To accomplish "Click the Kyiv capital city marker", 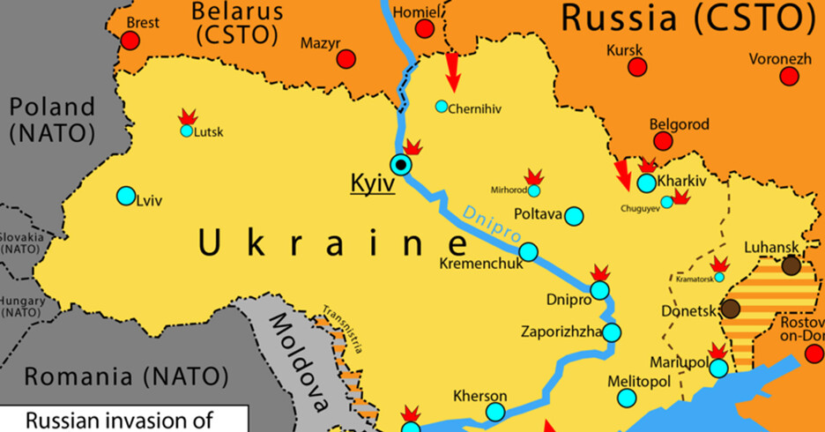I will [402, 164].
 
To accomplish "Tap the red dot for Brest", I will [130, 41].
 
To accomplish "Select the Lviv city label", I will [150, 200].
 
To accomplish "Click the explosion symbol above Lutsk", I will [187, 116].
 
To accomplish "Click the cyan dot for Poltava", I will [574, 216].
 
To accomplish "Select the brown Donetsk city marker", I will [731, 309].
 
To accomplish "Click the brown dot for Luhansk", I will [792, 265].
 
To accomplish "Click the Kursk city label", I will [625, 50].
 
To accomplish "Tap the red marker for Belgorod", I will [663, 141].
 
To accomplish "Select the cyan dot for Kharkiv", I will [646, 182].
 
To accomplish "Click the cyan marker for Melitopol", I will [627, 398].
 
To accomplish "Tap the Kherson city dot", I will [495, 412].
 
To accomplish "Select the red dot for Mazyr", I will [346, 58].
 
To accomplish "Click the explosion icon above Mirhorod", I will [532, 176].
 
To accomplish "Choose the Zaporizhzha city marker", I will [612, 332].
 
